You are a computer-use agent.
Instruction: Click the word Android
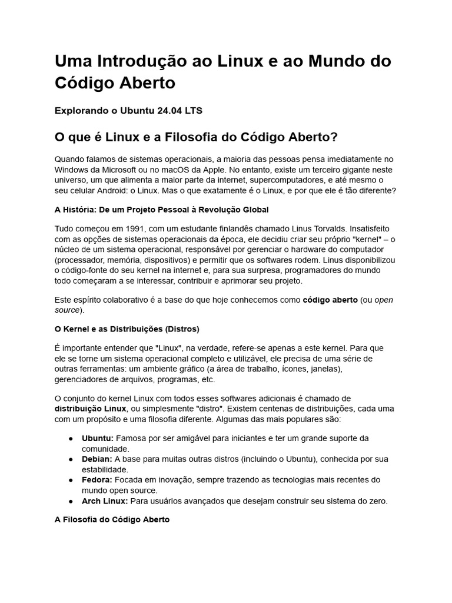click(125, 191)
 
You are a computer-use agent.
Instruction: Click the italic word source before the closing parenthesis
click(66, 310)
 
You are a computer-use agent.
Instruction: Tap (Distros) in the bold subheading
click(182, 329)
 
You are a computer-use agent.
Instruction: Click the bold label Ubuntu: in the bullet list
click(98, 438)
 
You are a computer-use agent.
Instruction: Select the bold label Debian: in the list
click(97, 459)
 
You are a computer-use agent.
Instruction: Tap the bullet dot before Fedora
click(70, 480)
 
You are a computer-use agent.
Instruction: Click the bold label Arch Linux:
click(105, 501)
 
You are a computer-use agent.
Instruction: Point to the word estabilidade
click(105, 470)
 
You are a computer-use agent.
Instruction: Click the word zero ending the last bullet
click(377, 501)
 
